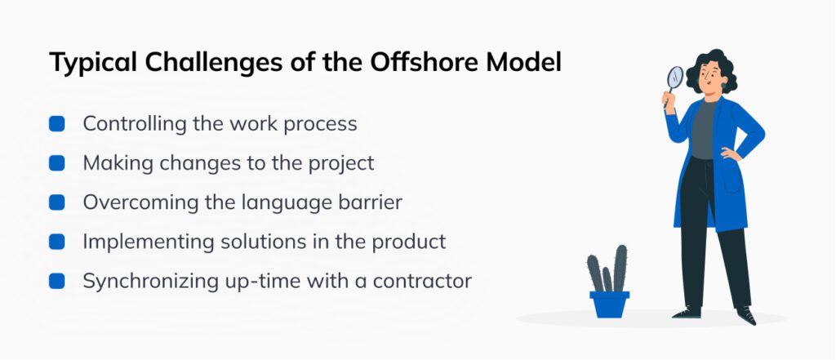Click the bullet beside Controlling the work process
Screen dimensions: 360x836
point(57,124)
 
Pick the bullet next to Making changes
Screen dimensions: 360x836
point(57,163)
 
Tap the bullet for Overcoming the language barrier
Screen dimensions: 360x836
point(57,202)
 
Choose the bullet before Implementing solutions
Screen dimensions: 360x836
point(57,242)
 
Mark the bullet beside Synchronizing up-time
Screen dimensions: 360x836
point(57,281)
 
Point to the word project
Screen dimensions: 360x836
point(343,163)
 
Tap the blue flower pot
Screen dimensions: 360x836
point(609,304)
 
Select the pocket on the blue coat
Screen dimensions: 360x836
point(731,180)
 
